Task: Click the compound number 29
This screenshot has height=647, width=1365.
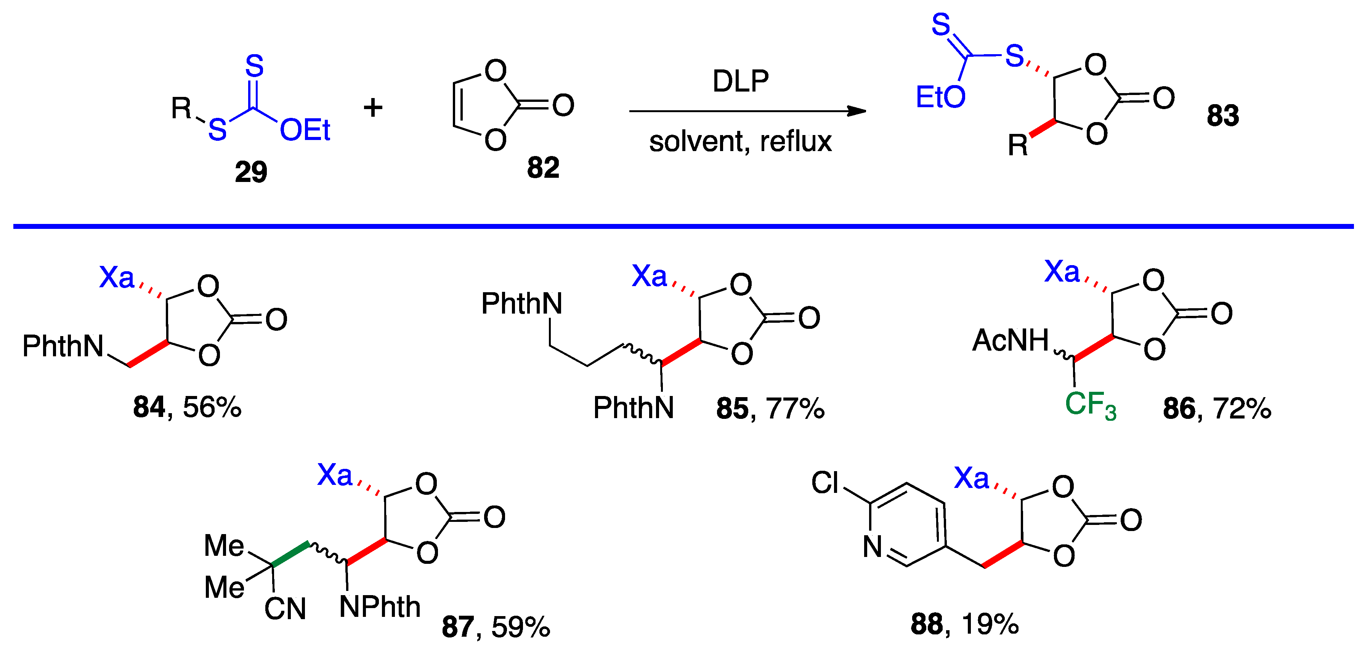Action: coord(251,172)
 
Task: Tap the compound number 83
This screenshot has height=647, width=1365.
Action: coord(1223,116)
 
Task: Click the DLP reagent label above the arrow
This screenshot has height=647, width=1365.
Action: coord(740,81)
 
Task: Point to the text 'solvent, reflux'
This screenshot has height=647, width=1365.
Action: coord(740,142)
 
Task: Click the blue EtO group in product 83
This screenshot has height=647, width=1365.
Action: coord(940,98)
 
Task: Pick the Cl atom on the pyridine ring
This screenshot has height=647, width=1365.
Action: coord(825,483)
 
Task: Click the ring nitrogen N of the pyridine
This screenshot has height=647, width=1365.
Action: coord(872,547)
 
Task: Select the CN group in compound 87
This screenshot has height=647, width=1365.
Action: coord(285,609)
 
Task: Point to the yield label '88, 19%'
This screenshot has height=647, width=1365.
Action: coord(964,624)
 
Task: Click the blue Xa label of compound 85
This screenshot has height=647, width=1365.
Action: coord(649,276)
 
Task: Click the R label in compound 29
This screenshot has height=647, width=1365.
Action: coord(181,108)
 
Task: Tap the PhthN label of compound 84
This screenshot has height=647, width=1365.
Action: coord(63,346)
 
